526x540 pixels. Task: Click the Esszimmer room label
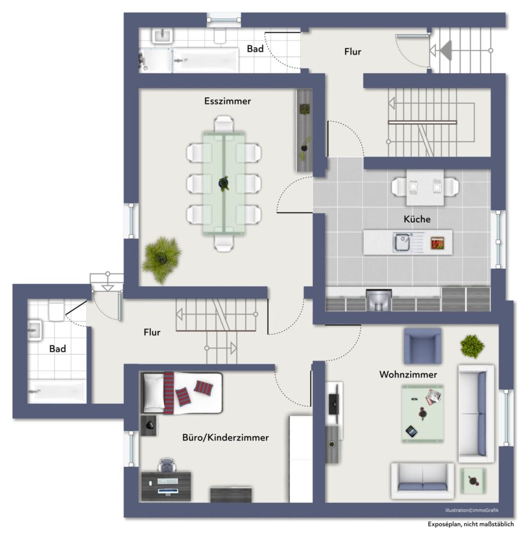(228, 101)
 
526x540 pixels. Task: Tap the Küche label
(417, 219)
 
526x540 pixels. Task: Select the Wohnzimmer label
(408, 374)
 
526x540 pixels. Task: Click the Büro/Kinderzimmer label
(225, 437)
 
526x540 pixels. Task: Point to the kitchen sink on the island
(402, 242)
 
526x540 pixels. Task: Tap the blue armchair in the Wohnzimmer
(423, 346)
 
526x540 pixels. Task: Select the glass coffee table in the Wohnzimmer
(422, 413)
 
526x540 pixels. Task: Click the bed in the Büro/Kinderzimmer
(181, 393)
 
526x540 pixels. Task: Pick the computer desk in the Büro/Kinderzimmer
(166, 486)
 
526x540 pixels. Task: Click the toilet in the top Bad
(220, 35)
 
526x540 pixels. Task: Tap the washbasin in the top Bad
(162, 36)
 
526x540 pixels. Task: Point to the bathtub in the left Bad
(57, 391)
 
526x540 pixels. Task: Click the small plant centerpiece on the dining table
(224, 183)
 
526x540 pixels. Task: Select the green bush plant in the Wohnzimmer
(472, 346)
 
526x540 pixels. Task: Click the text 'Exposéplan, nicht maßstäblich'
(471, 524)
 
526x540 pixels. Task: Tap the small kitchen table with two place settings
(425, 188)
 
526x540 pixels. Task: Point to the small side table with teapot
(473, 481)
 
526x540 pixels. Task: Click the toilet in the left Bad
(56, 311)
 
